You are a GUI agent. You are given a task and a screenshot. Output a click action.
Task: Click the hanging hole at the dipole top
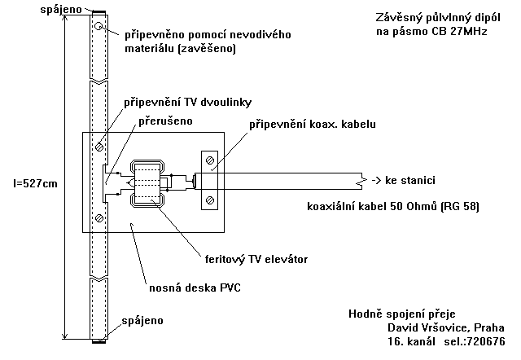99,27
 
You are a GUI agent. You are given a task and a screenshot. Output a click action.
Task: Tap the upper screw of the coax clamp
210,160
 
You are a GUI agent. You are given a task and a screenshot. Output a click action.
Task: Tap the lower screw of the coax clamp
210,200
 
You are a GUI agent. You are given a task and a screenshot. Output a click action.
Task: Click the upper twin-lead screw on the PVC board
99,147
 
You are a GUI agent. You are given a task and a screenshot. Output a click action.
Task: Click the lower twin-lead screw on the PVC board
99,217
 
